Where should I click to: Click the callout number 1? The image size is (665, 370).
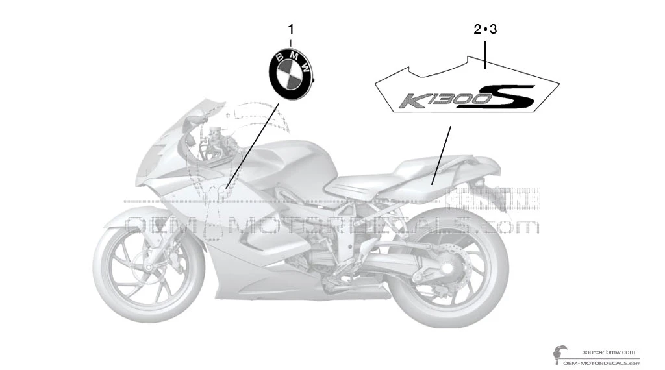click(291, 29)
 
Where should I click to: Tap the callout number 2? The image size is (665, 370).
click(477, 29)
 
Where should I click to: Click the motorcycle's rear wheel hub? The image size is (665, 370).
click(449, 266)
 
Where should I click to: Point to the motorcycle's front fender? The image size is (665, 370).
click(130, 217)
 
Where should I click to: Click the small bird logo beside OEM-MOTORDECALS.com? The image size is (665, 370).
click(557, 354)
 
